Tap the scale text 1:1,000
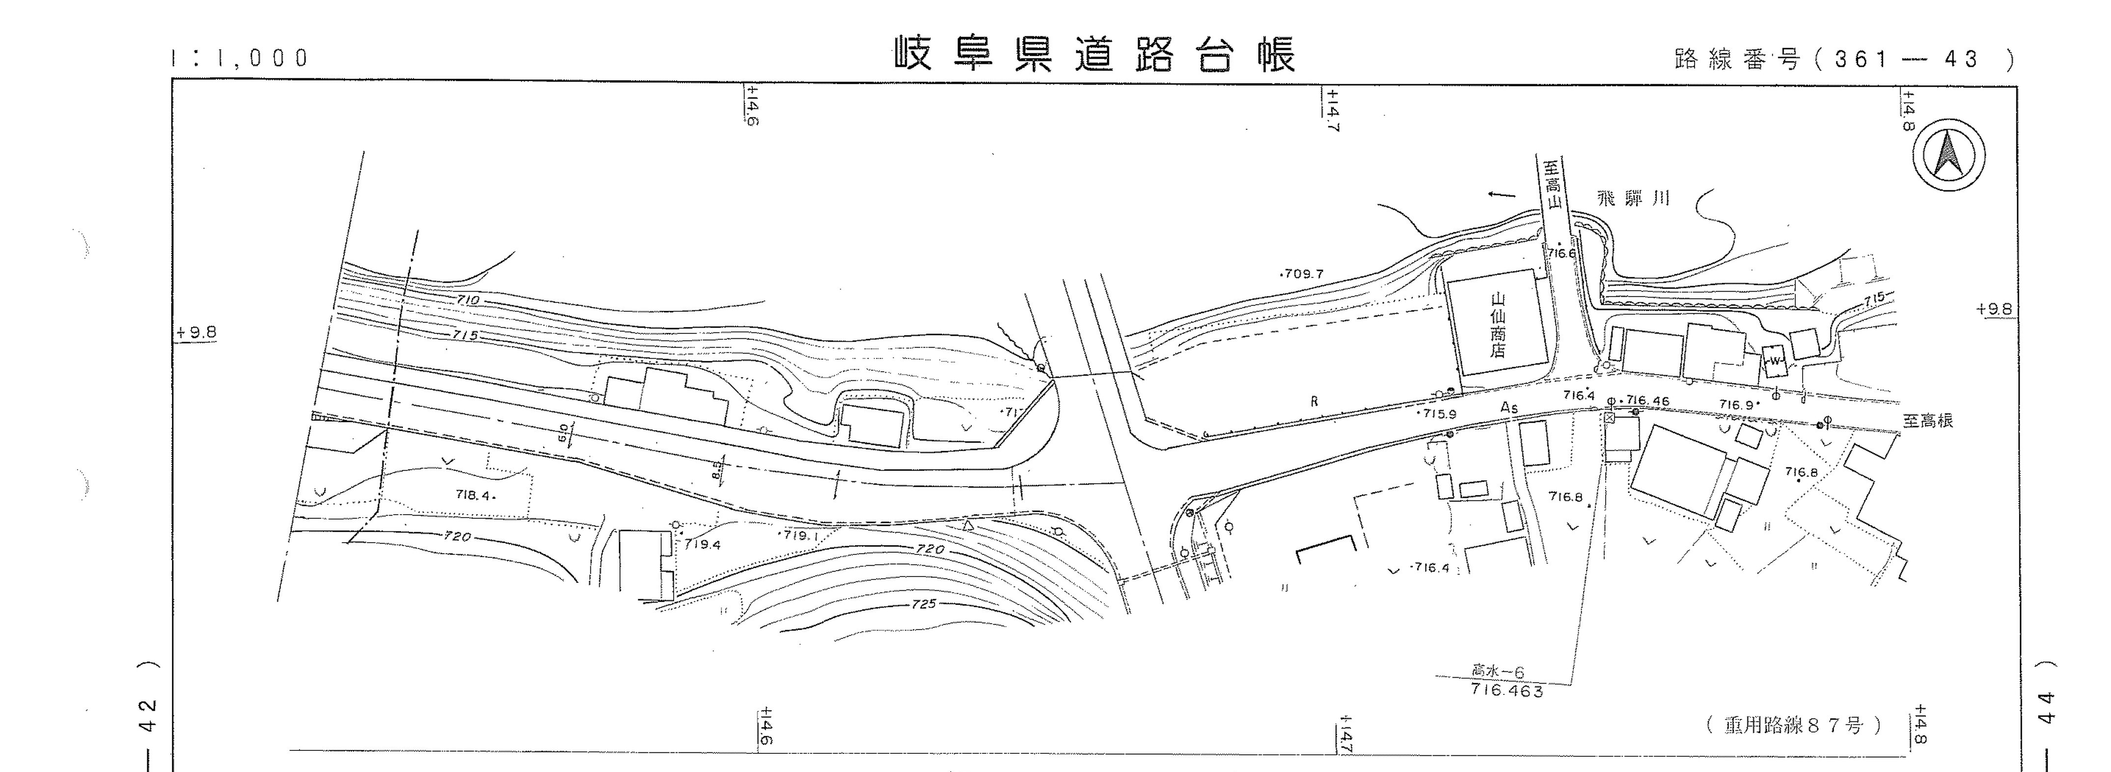click(x=239, y=58)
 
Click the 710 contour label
click(x=468, y=301)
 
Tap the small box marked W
click(x=1775, y=360)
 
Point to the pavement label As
click(x=1508, y=407)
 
